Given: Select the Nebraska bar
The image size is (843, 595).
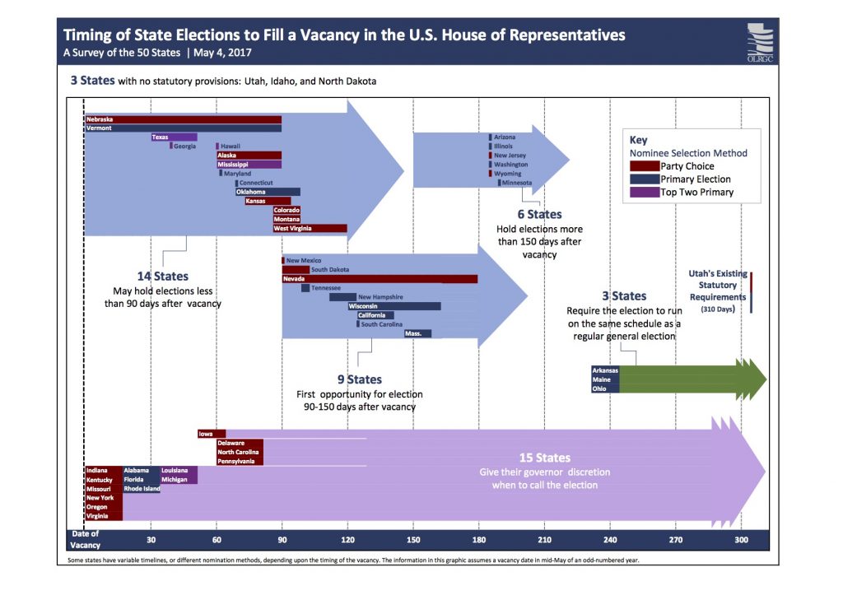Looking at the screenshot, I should click(183, 119).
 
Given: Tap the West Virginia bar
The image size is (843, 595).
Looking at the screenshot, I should click(310, 228).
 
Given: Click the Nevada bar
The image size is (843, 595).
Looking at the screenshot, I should click(380, 279).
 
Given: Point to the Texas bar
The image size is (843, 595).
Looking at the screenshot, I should click(174, 137).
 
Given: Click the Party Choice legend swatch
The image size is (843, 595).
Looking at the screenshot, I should click(645, 166).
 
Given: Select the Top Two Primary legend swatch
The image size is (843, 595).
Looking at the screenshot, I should click(645, 193).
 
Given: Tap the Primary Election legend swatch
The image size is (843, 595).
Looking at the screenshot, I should click(645, 179).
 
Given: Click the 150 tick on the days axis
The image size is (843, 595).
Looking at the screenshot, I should click(413, 540).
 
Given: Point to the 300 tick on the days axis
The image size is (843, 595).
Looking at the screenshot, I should click(742, 540).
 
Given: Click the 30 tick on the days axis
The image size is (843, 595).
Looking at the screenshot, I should click(151, 540).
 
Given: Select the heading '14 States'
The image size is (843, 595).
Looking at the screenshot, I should click(162, 277).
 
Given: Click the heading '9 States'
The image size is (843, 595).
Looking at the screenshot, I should click(359, 379).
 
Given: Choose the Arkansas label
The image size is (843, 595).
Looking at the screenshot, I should click(605, 370).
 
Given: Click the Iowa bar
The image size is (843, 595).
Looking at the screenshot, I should click(212, 434).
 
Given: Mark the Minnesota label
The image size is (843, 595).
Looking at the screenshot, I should click(516, 183).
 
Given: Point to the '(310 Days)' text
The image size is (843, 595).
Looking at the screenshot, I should click(718, 309).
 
